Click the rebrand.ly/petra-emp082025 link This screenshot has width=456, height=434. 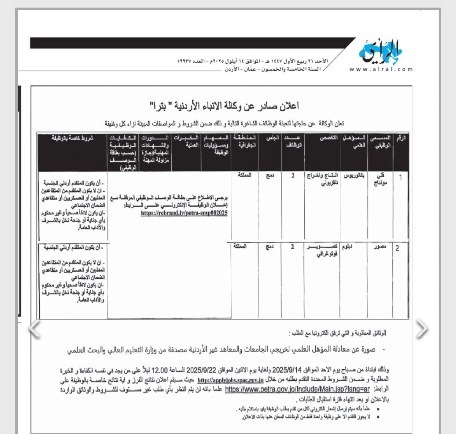(x=185, y=214)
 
